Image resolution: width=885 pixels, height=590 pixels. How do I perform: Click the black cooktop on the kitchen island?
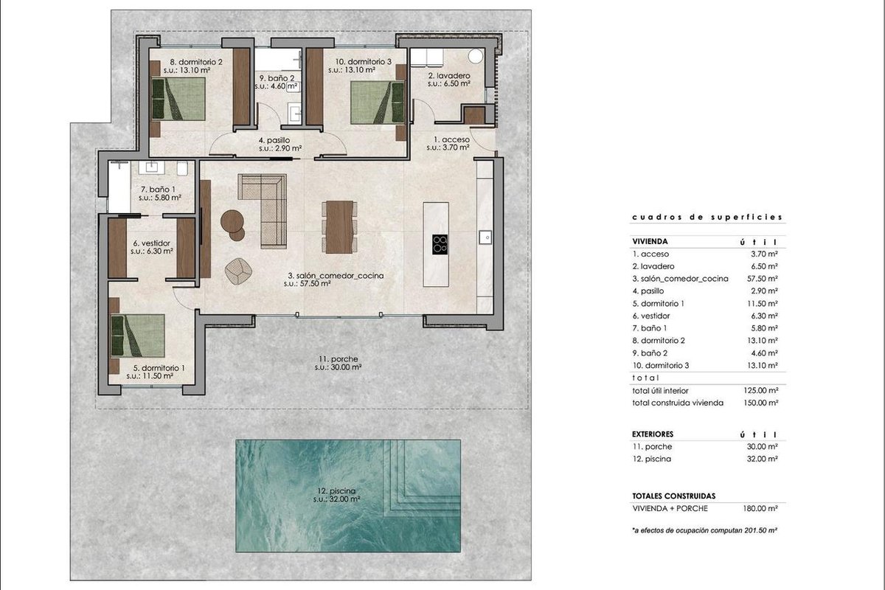pos(440,245)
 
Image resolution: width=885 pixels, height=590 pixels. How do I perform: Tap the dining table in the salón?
pos(339,227)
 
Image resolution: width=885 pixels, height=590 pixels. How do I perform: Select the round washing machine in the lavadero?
pos(476,56)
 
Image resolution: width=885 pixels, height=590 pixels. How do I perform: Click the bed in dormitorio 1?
pos(138,336)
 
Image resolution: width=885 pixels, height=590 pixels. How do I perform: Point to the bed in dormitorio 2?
pos(178,99)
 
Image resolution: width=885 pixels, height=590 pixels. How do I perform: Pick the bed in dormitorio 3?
pos(378,103)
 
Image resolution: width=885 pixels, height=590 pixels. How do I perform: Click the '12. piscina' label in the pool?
pos(336,491)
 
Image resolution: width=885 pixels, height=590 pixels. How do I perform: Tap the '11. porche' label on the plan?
pos(339,359)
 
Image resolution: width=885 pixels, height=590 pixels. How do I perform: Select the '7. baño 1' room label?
pos(158,190)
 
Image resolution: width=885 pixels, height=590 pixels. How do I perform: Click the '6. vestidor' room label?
pos(152,243)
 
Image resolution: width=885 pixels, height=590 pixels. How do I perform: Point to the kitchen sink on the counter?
pos(485,237)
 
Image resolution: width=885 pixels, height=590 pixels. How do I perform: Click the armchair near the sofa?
pos(238,271)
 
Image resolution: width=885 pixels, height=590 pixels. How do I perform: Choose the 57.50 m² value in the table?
pos(763,279)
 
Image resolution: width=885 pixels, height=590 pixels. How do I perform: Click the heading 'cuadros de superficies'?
pos(707,217)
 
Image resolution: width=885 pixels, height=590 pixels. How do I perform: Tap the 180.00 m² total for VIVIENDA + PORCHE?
pos(760,508)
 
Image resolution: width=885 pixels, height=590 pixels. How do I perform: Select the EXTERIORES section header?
pos(653,434)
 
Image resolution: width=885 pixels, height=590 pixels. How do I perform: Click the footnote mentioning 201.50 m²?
pos(705,530)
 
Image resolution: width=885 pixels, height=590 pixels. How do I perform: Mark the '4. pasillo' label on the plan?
pos(274,140)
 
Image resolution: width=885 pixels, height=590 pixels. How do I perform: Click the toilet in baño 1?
pos(183,168)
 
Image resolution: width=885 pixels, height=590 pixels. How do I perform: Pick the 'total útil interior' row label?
pos(660,390)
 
